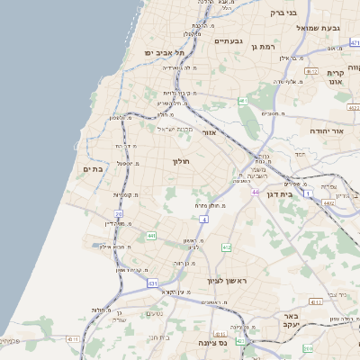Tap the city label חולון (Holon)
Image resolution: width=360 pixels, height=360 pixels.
pyautogui.click(x=183, y=162)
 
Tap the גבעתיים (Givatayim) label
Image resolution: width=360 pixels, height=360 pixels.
pyautogui.click(x=229, y=40)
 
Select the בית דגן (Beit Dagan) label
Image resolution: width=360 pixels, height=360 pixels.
pyautogui.click(x=288, y=193)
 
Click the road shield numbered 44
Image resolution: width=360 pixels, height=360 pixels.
pyautogui.click(x=256, y=191)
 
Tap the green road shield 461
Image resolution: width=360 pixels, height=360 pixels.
pyautogui.click(x=243, y=101)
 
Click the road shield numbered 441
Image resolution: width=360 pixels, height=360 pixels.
pyautogui.click(x=151, y=237)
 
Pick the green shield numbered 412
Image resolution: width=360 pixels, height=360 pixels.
pyautogui.click(x=226, y=247)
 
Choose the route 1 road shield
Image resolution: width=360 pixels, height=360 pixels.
pyautogui.click(x=308, y=193)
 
